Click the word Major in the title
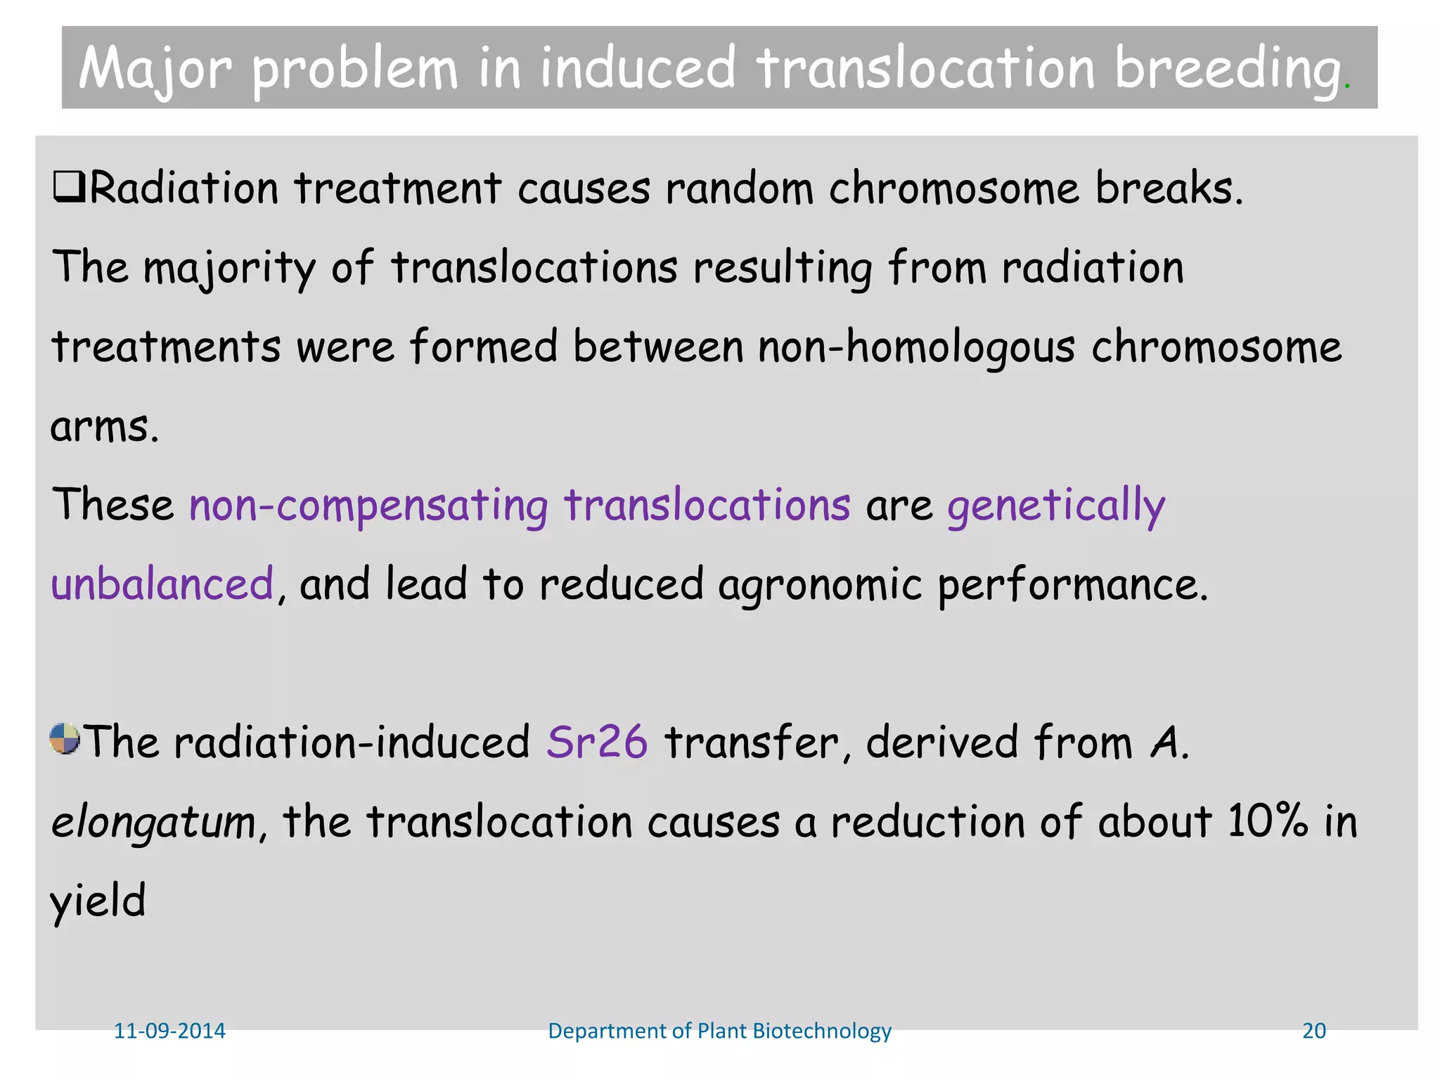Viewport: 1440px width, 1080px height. click(x=155, y=69)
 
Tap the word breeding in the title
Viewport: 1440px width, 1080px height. click(x=1227, y=69)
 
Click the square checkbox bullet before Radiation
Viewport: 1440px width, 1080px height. click(x=69, y=188)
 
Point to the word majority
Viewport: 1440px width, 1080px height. click(x=229, y=269)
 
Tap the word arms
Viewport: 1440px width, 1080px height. click(x=103, y=427)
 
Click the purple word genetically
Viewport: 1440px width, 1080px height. click(x=1055, y=506)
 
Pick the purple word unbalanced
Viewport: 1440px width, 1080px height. click(x=162, y=584)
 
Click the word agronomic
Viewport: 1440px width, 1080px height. click(x=819, y=584)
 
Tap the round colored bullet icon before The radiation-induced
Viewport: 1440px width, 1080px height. click(x=65, y=739)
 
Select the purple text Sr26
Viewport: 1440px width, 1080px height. click(x=596, y=742)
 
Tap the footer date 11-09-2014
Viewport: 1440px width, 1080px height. click(x=169, y=1031)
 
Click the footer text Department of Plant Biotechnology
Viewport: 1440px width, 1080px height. click(x=719, y=1031)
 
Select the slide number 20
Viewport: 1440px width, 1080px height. click(x=1313, y=1031)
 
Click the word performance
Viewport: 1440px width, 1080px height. click(x=1072, y=584)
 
